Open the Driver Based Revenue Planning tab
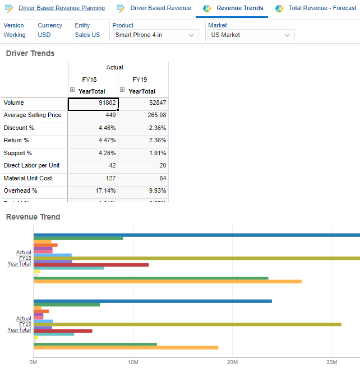coord(61,8)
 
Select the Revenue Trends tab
coord(239,8)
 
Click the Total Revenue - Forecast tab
coord(322,8)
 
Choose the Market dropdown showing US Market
coord(251,35)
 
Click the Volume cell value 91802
coord(93,103)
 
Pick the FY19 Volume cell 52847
coord(144,103)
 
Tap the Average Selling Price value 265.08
coord(144,115)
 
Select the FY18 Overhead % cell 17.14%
coord(93,191)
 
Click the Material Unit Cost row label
coord(27,179)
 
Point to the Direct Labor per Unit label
coord(31,166)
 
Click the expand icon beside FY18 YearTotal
coord(72,90)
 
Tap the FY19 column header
coord(140,80)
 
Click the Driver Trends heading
coord(30,54)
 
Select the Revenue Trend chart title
coord(33,217)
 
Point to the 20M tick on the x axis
coord(232,362)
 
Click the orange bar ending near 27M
coord(168,281)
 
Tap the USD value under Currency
coord(44,35)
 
